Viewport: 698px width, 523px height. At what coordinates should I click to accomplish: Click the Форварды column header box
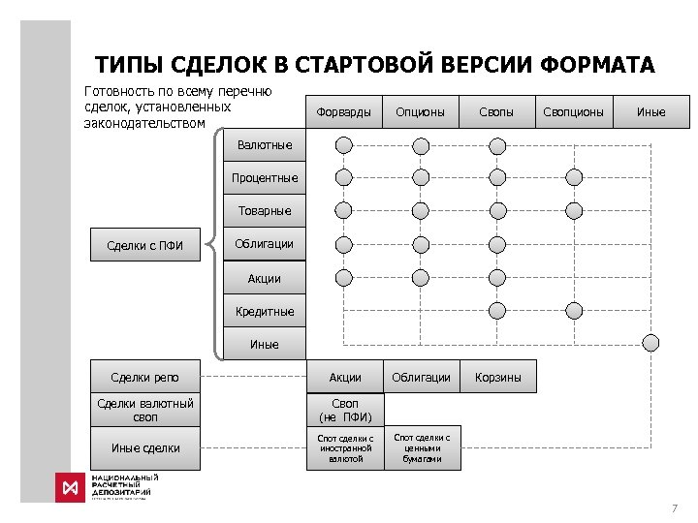344,112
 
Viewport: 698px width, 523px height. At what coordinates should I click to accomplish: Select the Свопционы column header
573,112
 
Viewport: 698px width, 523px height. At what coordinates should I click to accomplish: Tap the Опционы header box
420,112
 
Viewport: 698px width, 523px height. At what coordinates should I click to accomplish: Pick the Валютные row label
264,145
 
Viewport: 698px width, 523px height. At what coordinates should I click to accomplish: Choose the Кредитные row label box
264,312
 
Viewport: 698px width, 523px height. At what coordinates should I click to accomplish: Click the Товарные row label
264,211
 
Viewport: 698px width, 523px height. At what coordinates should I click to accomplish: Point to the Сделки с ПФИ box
144,245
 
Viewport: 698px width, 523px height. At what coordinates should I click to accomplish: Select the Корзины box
497,377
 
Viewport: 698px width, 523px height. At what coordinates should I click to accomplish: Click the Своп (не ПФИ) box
345,410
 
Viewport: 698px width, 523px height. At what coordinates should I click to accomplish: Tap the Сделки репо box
144,377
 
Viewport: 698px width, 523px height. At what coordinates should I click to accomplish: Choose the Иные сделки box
144,447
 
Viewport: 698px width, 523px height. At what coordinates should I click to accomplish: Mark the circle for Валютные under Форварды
344,145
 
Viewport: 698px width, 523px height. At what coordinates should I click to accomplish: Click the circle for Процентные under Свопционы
574,177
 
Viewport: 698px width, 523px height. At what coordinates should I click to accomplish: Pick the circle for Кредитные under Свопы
497,311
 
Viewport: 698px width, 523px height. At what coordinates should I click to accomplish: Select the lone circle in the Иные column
650,342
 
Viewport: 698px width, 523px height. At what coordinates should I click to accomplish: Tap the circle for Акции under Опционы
420,278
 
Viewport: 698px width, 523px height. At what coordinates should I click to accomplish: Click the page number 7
674,508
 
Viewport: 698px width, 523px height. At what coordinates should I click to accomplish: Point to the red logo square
70,487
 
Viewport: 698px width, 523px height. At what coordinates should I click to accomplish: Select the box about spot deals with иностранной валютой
345,448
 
